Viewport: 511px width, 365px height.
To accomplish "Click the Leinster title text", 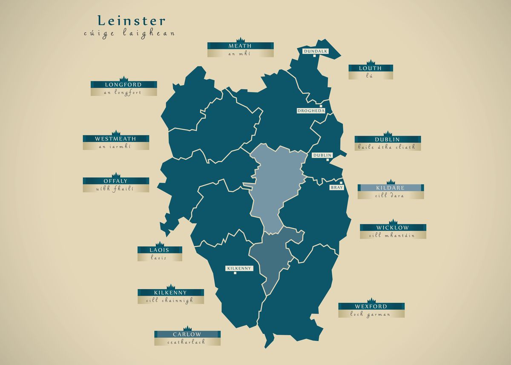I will point(131,21).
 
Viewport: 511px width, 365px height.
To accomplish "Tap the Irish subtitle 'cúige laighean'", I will point(129,33).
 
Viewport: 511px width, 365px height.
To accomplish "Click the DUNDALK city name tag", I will point(316,51).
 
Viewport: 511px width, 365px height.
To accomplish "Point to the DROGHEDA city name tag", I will point(311,111).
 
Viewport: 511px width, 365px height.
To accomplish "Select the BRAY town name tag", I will point(336,187).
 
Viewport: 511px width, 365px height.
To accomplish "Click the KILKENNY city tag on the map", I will point(239,268).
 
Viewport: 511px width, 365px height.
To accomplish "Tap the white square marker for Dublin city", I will point(327,160).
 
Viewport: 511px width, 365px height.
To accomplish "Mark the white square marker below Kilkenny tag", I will point(235,273).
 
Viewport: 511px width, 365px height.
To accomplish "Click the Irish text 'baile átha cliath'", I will point(388,147).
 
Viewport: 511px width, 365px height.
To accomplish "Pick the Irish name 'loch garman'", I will point(370,314).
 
